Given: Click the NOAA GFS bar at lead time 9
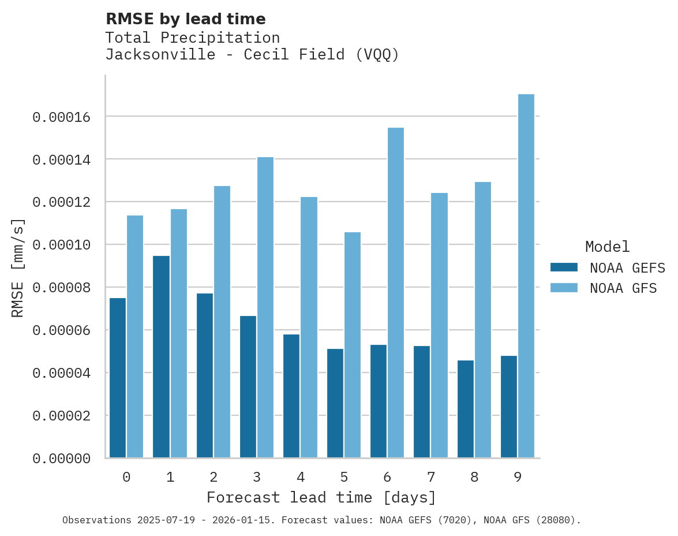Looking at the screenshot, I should point(526,276).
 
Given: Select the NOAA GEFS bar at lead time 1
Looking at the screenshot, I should point(162,357).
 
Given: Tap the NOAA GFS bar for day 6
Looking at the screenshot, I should point(395,293).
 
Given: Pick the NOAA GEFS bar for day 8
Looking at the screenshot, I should point(466,409).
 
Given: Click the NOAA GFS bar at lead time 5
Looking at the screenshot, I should point(352,345).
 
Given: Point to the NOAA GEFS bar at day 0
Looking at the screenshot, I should point(118,378).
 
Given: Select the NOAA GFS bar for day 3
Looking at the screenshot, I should point(265,307).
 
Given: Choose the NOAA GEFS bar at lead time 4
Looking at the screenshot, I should point(291,396).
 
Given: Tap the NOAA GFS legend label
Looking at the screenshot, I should point(623,288).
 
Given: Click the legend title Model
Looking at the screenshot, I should point(607,247).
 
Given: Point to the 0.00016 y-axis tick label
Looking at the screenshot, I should point(61,117).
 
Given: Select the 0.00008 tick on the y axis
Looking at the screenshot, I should point(61,288).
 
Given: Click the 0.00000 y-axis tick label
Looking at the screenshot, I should point(61,459).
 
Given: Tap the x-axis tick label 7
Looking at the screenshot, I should point(430,477).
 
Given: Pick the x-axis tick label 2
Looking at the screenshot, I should point(213,477).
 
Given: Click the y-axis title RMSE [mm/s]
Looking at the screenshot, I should point(18,267).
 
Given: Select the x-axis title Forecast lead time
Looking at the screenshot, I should point(321,497).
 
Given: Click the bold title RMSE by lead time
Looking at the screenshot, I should point(185,19).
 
